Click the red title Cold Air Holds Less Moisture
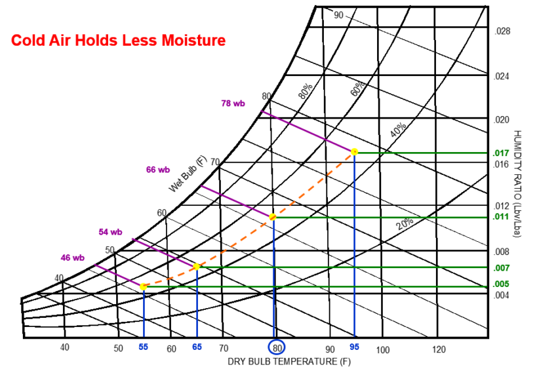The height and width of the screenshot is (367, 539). pyautogui.click(x=118, y=41)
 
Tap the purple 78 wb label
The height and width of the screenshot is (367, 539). pyautogui.click(x=234, y=103)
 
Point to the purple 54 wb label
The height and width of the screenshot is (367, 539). pyautogui.click(x=110, y=231)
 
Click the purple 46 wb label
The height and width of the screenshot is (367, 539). pyautogui.click(x=73, y=258)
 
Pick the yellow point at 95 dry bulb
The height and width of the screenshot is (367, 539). pyautogui.click(x=355, y=152)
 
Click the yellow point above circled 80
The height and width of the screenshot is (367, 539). pyautogui.click(x=273, y=216)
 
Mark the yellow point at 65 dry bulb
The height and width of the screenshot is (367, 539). pyautogui.click(x=197, y=266)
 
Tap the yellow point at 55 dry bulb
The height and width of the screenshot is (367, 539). pyautogui.click(x=144, y=286)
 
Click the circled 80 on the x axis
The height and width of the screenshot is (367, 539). pyautogui.click(x=277, y=348)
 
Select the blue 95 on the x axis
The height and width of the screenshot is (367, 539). pyautogui.click(x=355, y=347)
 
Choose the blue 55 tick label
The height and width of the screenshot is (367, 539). pyautogui.click(x=144, y=347)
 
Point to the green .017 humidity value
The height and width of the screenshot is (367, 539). pyautogui.click(x=502, y=153)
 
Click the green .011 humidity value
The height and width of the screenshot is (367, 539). pyautogui.click(x=502, y=216)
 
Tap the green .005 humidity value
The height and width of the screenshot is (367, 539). pyautogui.click(x=502, y=284)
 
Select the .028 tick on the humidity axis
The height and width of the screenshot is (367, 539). pyautogui.click(x=502, y=31)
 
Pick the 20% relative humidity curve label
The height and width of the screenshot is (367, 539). pyautogui.click(x=405, y=224)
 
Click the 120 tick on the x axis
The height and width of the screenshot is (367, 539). pyautogui.click(x=440, y=349)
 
